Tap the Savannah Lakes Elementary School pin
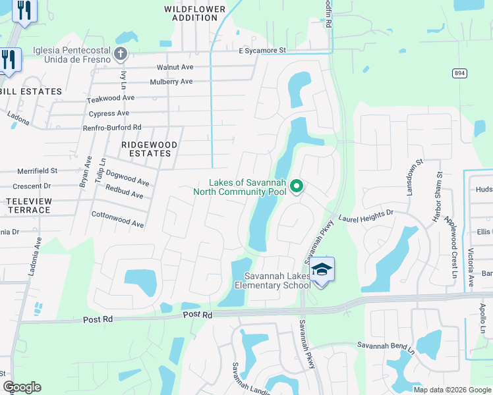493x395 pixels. pyautogui.click(x=322, y=270)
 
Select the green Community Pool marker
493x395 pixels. pyautogui.click(x=297, y=187)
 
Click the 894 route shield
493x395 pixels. pyautogui.click(x=459, y=73)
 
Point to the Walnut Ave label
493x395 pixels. pyautogui.click(x=175, y=68)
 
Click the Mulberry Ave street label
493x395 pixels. pyautogui.click(x=171, y=82)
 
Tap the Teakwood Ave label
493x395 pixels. pyautogui.click(x=111, y=98)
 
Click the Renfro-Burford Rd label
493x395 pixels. pyautogui.click(x=114, y=127)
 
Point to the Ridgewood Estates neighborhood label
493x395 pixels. pyautogui.click(x=146, y=148)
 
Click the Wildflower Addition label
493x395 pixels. pyautogui.click(x=195, y=13)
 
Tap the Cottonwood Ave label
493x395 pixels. pyautogui.click(x=117, y=220)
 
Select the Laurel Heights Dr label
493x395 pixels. pyautogui.click(x=366, y=215)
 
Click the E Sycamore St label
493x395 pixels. pyautogui.click(x=262, y=50)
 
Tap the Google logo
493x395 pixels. pyautogui.click(x=22, y=387)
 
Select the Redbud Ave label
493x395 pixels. pyautogui.click(x=124, y=192)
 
